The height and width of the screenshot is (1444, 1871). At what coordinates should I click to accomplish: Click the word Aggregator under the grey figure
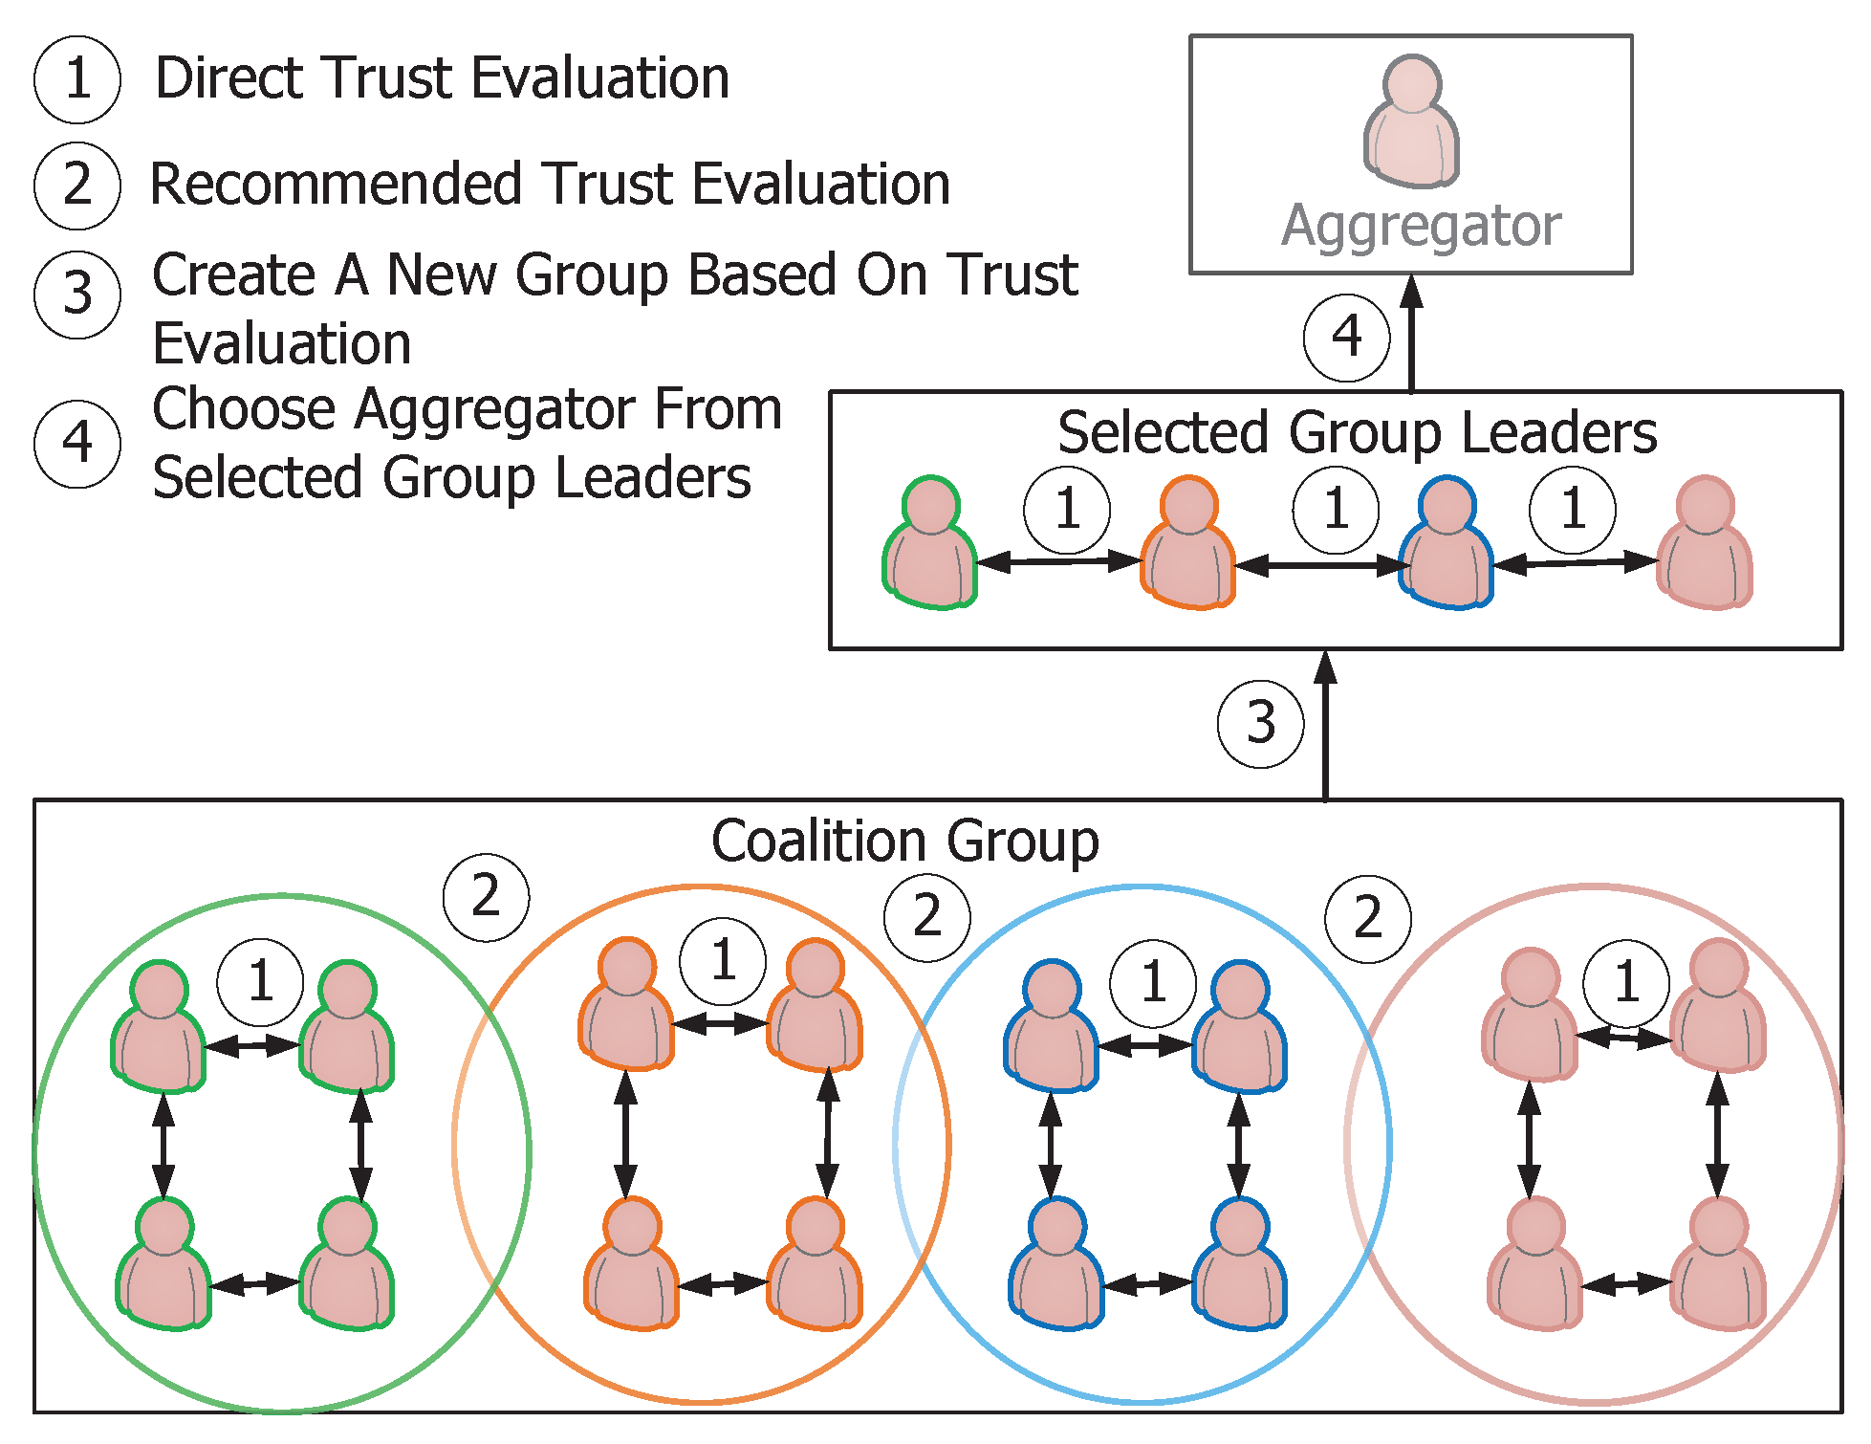[x=1421, y=226]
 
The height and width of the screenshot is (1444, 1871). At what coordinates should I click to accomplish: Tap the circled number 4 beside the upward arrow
[x=1346, y=337]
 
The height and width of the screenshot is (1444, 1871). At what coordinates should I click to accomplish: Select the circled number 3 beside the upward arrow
[x=1260, y=723]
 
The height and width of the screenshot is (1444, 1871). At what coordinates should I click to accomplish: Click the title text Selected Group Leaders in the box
[x=1357, y=432]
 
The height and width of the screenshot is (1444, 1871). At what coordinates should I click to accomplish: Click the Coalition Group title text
[x=904, y=842]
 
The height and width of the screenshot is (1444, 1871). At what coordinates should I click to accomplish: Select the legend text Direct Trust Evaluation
[x=442, y=78]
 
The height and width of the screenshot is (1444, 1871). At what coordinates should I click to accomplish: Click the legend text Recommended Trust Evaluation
[x=550, y=184]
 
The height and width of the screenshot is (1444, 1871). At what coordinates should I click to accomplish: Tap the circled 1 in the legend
[x=77, y=79]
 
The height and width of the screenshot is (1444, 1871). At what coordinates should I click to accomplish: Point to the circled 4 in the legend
[x=77, y=444]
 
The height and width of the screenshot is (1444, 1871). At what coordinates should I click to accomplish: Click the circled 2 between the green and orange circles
[x=486, y=897]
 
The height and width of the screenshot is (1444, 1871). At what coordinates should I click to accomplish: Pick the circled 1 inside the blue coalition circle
[x=1153, y=982]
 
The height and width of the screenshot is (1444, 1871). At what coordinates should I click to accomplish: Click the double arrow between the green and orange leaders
[x=1059, y=561]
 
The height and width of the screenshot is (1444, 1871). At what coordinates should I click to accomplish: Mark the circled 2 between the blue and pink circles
[x=1367, y=918]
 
